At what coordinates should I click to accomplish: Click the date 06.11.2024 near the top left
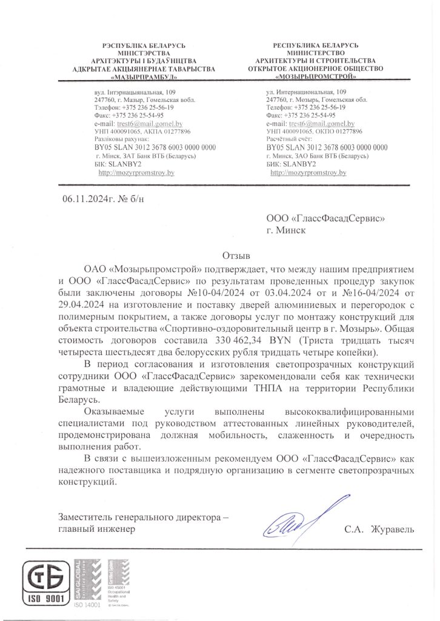[x=84, y=198]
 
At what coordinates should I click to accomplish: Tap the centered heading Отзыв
[x=236, y=255]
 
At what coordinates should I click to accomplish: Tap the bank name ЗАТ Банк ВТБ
[x=149, y=156]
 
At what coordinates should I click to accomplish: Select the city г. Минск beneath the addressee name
[x=287, y=230]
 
